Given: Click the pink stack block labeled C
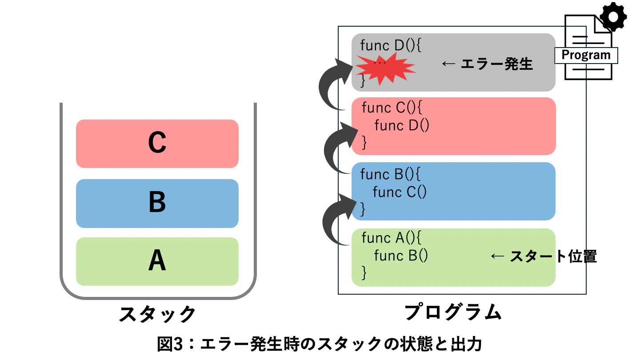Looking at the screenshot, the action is pos(157,144).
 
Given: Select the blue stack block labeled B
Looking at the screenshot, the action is pos(157,204).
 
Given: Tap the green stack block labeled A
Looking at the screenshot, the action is pos(157,261).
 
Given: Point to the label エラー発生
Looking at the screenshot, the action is pos(496,64).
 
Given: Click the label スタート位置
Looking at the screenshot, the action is pos(553,256).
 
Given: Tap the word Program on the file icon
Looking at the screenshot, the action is pos(586,55).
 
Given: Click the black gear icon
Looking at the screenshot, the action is pos(613,16).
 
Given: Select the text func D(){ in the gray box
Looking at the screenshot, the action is pos(391,45).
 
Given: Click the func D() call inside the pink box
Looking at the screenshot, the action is pos(402,125).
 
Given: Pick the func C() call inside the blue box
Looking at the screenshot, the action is pos(400,192).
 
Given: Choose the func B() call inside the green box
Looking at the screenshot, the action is pos(401,256).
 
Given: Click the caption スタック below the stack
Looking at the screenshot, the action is pos(157,314).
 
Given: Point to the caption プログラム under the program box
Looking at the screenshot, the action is pos(453,312).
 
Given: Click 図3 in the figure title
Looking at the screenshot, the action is pos(170,344).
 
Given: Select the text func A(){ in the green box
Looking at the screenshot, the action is pos(391,238).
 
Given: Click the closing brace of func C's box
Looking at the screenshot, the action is pos(364,143).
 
